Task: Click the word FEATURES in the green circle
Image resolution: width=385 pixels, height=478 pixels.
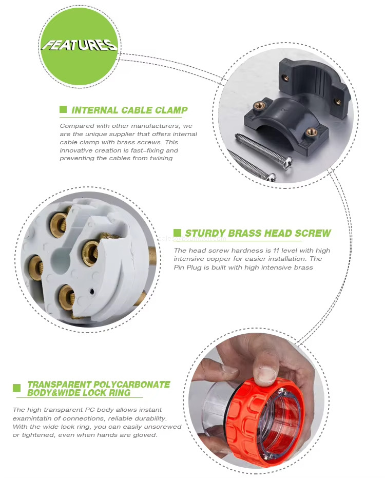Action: [x=79, y=45]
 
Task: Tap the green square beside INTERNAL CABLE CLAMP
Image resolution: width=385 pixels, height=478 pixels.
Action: [x=63, y=109]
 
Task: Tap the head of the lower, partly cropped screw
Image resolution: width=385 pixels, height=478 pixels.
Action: [x=272, y=177]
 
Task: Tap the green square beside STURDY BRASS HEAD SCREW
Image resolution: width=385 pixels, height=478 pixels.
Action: [x=177, y=233]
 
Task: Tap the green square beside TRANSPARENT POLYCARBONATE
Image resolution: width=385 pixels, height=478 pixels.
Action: [x=17, y=388]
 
